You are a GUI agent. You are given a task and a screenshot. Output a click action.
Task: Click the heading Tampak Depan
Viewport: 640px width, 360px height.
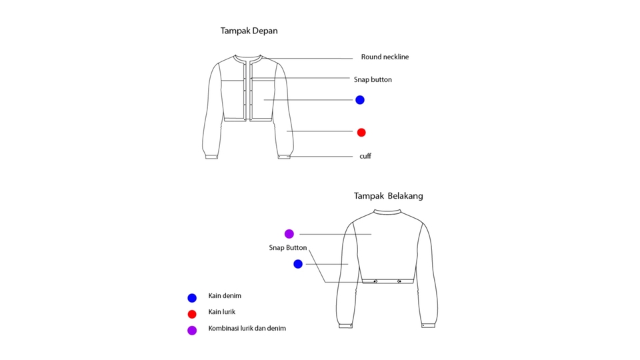[x=249, y=31]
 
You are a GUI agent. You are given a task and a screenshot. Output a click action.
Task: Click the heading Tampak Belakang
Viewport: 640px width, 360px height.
[x=388, y=196]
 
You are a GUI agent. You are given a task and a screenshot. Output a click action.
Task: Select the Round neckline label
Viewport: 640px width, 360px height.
[x=385, y=57]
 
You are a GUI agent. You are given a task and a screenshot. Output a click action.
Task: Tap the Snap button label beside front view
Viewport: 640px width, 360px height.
[x=373, y=80]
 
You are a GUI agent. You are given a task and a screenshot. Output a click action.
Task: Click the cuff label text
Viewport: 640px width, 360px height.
[x=365, y=156]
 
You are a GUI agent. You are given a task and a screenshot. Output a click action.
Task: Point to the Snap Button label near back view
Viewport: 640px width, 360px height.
[x=288, y=248]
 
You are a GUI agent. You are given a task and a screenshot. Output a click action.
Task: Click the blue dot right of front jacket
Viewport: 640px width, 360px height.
[x=360, y=100]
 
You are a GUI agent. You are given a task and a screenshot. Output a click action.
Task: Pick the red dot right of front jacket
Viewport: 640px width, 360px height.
[x=361, y=133]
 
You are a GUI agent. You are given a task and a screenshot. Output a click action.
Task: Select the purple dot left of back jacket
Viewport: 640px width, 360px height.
[x=289, y=234]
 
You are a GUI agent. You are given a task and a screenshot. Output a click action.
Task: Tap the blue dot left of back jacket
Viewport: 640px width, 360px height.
[x=298, y=264]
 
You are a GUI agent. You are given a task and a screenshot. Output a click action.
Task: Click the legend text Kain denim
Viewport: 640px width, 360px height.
[x=225, y=296]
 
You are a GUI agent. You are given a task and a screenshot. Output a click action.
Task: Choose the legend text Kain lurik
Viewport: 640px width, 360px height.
[x=222, y=312]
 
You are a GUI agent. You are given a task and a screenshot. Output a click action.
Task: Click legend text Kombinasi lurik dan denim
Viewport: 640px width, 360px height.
[x=247, y=329]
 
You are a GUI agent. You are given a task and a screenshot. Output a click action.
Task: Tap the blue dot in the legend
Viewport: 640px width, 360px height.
[x=192, y=298]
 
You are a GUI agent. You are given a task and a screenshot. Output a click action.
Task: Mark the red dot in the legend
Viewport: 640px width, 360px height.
[x=192, y=314]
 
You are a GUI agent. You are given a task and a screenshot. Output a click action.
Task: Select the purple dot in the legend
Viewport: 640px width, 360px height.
[x=192, y=330]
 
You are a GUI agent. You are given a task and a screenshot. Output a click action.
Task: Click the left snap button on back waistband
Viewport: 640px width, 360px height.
[x=375, y=281]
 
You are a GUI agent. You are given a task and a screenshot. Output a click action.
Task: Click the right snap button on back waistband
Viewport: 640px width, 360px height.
[x=399, y=281]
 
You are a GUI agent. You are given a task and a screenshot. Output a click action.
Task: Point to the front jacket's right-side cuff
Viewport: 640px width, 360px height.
[x=285, y=157]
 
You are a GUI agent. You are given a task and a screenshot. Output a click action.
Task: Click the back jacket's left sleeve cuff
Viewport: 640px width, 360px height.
[x=345, y=325]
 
